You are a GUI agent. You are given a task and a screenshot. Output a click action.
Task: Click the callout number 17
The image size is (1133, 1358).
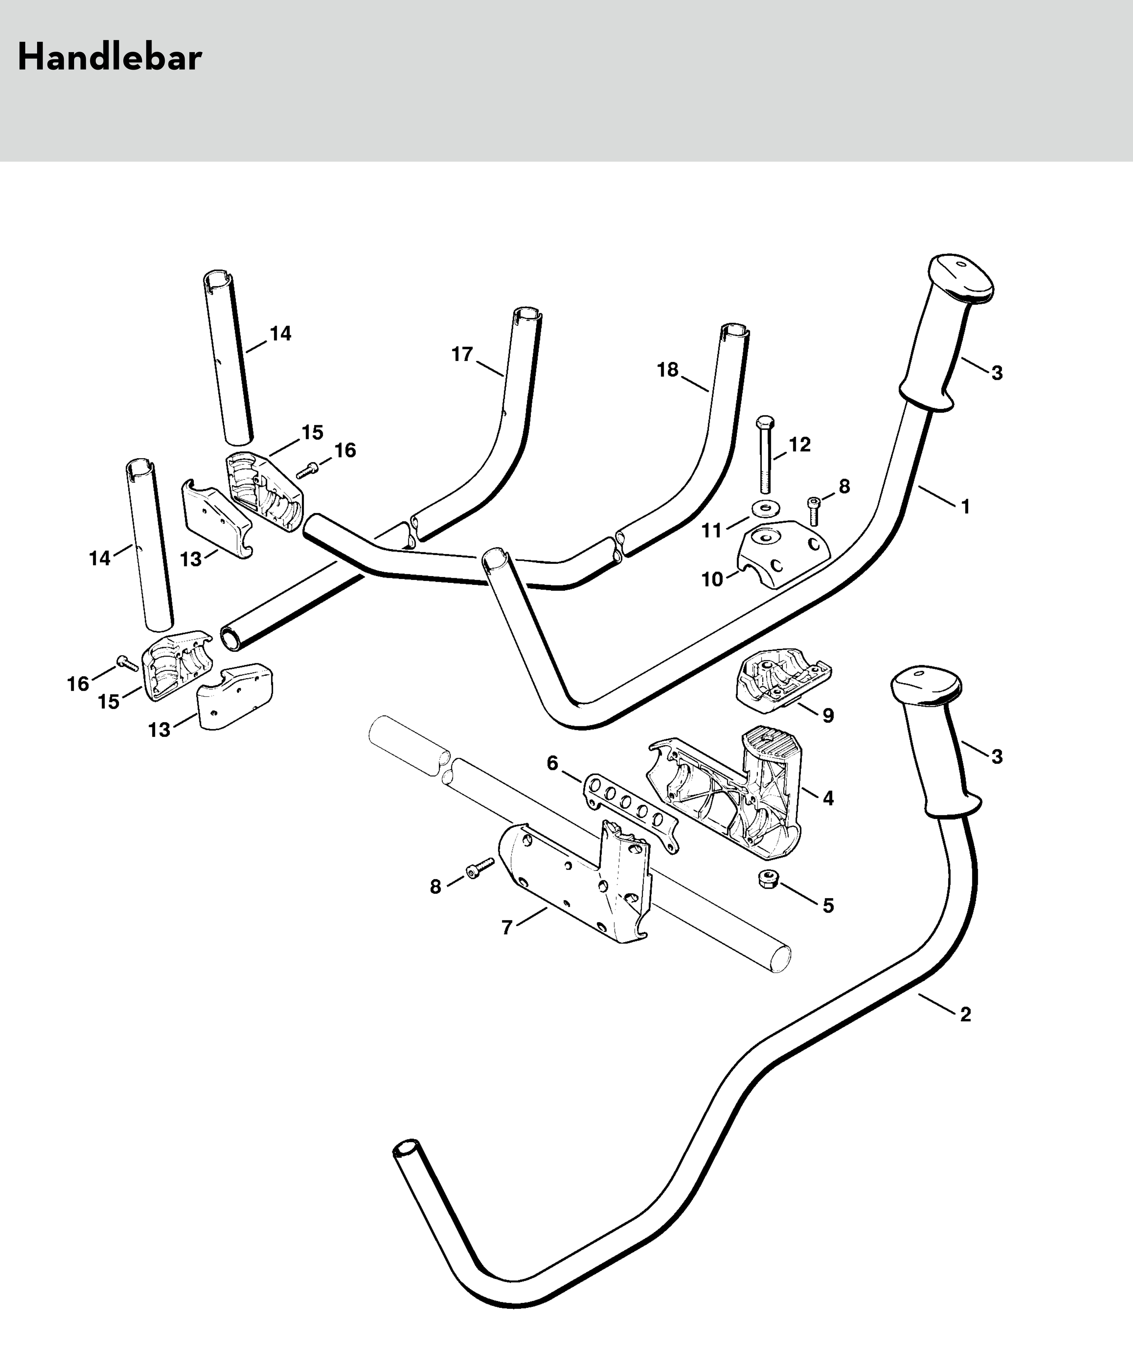point(462,355)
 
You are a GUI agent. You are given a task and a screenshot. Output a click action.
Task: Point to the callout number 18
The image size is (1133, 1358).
point(668,370)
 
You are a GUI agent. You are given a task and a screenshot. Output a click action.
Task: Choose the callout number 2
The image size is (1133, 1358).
point(965,1014)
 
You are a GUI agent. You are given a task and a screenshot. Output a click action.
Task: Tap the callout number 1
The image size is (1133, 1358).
point(965,507)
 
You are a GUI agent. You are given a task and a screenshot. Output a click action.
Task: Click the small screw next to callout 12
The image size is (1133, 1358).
point(813,510)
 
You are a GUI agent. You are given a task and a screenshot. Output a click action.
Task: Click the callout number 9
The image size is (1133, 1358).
point(828,716)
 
